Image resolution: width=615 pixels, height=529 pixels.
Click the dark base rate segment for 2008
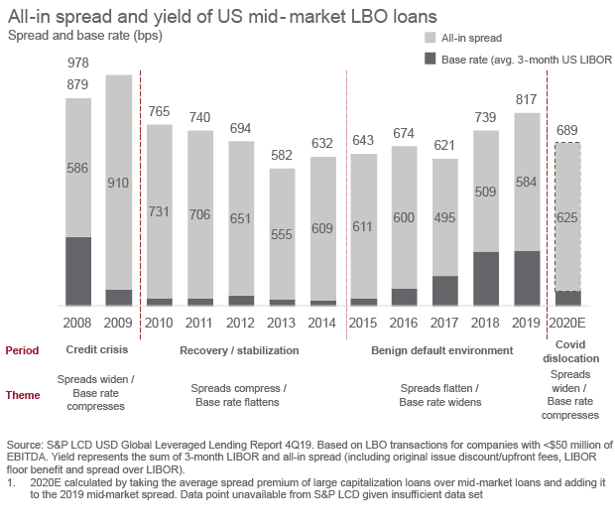point(78,270)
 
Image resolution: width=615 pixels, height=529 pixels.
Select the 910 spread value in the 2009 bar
point(119,183)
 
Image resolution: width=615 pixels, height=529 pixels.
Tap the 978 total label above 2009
point(78,63)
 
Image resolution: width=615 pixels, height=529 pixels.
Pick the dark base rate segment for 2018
point(486,278)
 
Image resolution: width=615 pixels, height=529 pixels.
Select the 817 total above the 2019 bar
point(528,100)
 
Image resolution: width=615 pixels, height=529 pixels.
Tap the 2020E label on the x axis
point(567,324)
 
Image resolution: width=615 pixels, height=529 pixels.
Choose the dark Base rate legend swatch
point(430,59)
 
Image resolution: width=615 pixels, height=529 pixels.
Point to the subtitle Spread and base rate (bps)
point(84,37)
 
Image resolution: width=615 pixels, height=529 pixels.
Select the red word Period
point(22,350)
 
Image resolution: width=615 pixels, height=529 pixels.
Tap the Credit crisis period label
point(97,350)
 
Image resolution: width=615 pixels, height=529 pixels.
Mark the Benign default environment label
point(441,350)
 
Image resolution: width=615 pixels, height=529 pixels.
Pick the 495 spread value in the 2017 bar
point(445,217)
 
